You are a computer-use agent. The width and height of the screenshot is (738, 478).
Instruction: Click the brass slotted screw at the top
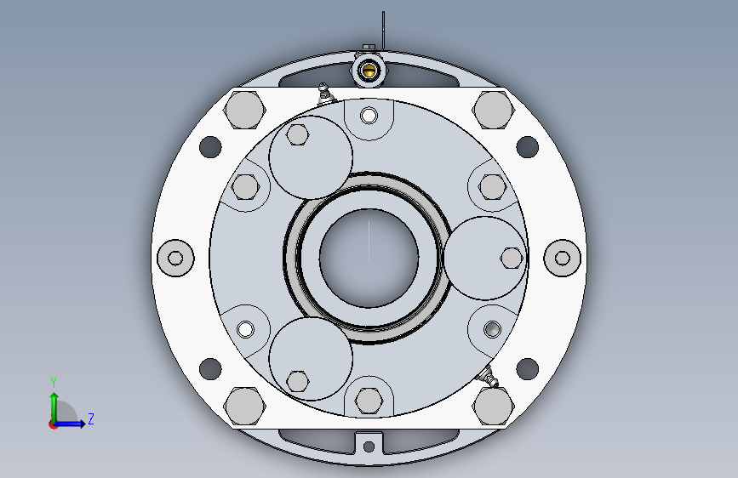(x=369, y=71)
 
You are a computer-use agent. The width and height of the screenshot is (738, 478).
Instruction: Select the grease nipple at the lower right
(x=488, y=377)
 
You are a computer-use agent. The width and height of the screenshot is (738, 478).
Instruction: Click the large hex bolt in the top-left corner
(x=244, y=110)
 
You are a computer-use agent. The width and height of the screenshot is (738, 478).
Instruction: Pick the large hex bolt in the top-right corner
(x=493, y=110)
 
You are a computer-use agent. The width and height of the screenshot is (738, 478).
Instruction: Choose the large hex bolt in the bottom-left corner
(x=244, y=406)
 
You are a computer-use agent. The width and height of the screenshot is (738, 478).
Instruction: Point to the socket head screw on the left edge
(x=175, y=258)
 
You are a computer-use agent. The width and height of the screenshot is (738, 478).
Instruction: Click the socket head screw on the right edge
(x=563, y=258)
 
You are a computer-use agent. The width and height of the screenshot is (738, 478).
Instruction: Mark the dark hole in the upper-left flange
(x=210, y=147)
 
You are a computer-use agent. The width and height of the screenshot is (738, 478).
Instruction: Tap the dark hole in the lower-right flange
(x=527, y=368)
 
